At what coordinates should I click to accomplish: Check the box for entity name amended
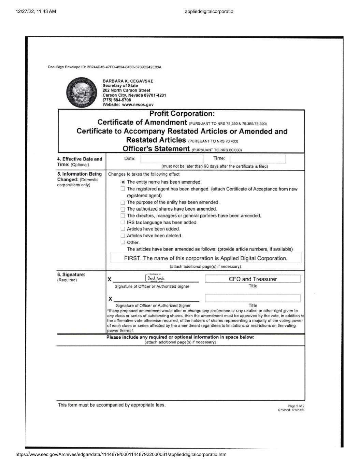(123, 182)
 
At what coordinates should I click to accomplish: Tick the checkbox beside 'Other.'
(123, 242)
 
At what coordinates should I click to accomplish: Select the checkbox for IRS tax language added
(123, 222)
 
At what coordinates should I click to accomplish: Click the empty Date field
(172, 158)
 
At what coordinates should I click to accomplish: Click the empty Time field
(257, 158)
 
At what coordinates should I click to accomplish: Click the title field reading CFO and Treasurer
(253, 279)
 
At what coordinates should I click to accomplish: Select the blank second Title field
(253, 298)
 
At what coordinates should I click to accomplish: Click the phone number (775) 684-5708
(117, 100)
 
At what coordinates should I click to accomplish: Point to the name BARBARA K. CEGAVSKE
(128, 81)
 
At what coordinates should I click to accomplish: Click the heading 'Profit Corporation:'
(182, 114)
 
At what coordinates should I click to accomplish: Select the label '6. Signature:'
(71, 274)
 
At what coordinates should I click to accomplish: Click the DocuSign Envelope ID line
(104, 67)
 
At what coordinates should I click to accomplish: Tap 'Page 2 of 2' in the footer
(296, 406)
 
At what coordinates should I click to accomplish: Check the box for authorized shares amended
(123, 209)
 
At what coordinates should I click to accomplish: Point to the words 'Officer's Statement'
(156, 149)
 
